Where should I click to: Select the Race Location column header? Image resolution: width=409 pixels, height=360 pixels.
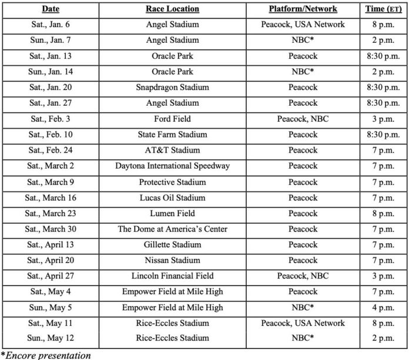[x=172, y=9]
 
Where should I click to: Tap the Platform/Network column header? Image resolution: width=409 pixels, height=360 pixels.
[x=303, y=9]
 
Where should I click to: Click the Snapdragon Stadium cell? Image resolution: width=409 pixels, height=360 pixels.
[x=172, y=88]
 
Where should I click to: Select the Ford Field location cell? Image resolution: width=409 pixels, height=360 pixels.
[x=172, y=119]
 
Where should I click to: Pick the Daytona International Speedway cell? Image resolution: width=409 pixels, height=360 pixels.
[x=172, y=166]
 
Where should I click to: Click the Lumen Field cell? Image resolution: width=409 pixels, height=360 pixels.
[x=172, y=213]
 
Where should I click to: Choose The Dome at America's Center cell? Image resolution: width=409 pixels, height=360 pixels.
[x=172, y=229]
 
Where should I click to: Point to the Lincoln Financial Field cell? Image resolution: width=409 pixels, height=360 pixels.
[x=172, y=276]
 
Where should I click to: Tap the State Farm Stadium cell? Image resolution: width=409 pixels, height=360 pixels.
[x=172, y=134]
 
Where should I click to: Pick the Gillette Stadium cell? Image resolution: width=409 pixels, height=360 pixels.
[x=172, y=244]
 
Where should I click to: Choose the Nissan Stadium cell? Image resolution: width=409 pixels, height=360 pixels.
[x=172, y=260]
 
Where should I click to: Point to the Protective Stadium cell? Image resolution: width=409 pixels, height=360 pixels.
[x=172, y=181]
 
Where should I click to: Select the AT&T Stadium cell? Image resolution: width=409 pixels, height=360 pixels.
[x=172, y=150]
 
